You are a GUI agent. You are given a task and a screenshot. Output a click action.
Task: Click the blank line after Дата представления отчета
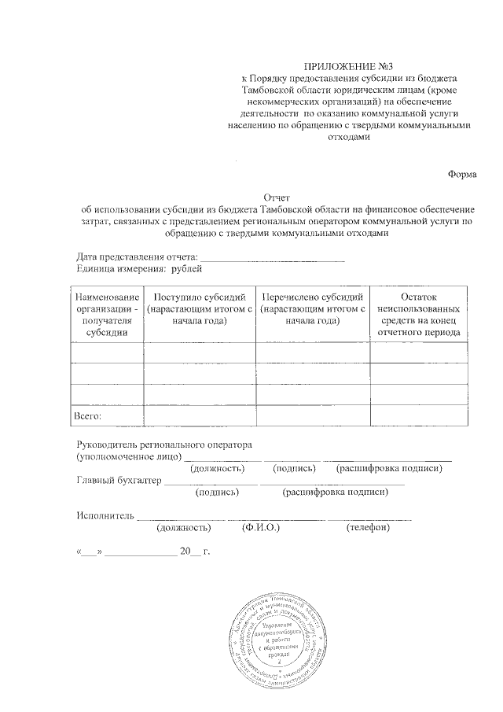273,257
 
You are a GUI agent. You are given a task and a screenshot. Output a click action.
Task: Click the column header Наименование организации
107,314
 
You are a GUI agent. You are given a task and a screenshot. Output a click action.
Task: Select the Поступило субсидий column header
200,308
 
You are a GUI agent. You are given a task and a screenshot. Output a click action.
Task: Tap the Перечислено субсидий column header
314,308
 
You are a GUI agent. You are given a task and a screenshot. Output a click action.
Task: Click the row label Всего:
88,415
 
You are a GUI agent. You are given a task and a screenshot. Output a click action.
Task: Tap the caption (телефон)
368,528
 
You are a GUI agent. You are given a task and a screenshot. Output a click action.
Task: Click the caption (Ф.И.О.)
262,528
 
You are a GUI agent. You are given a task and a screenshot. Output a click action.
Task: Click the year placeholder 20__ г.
196,552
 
